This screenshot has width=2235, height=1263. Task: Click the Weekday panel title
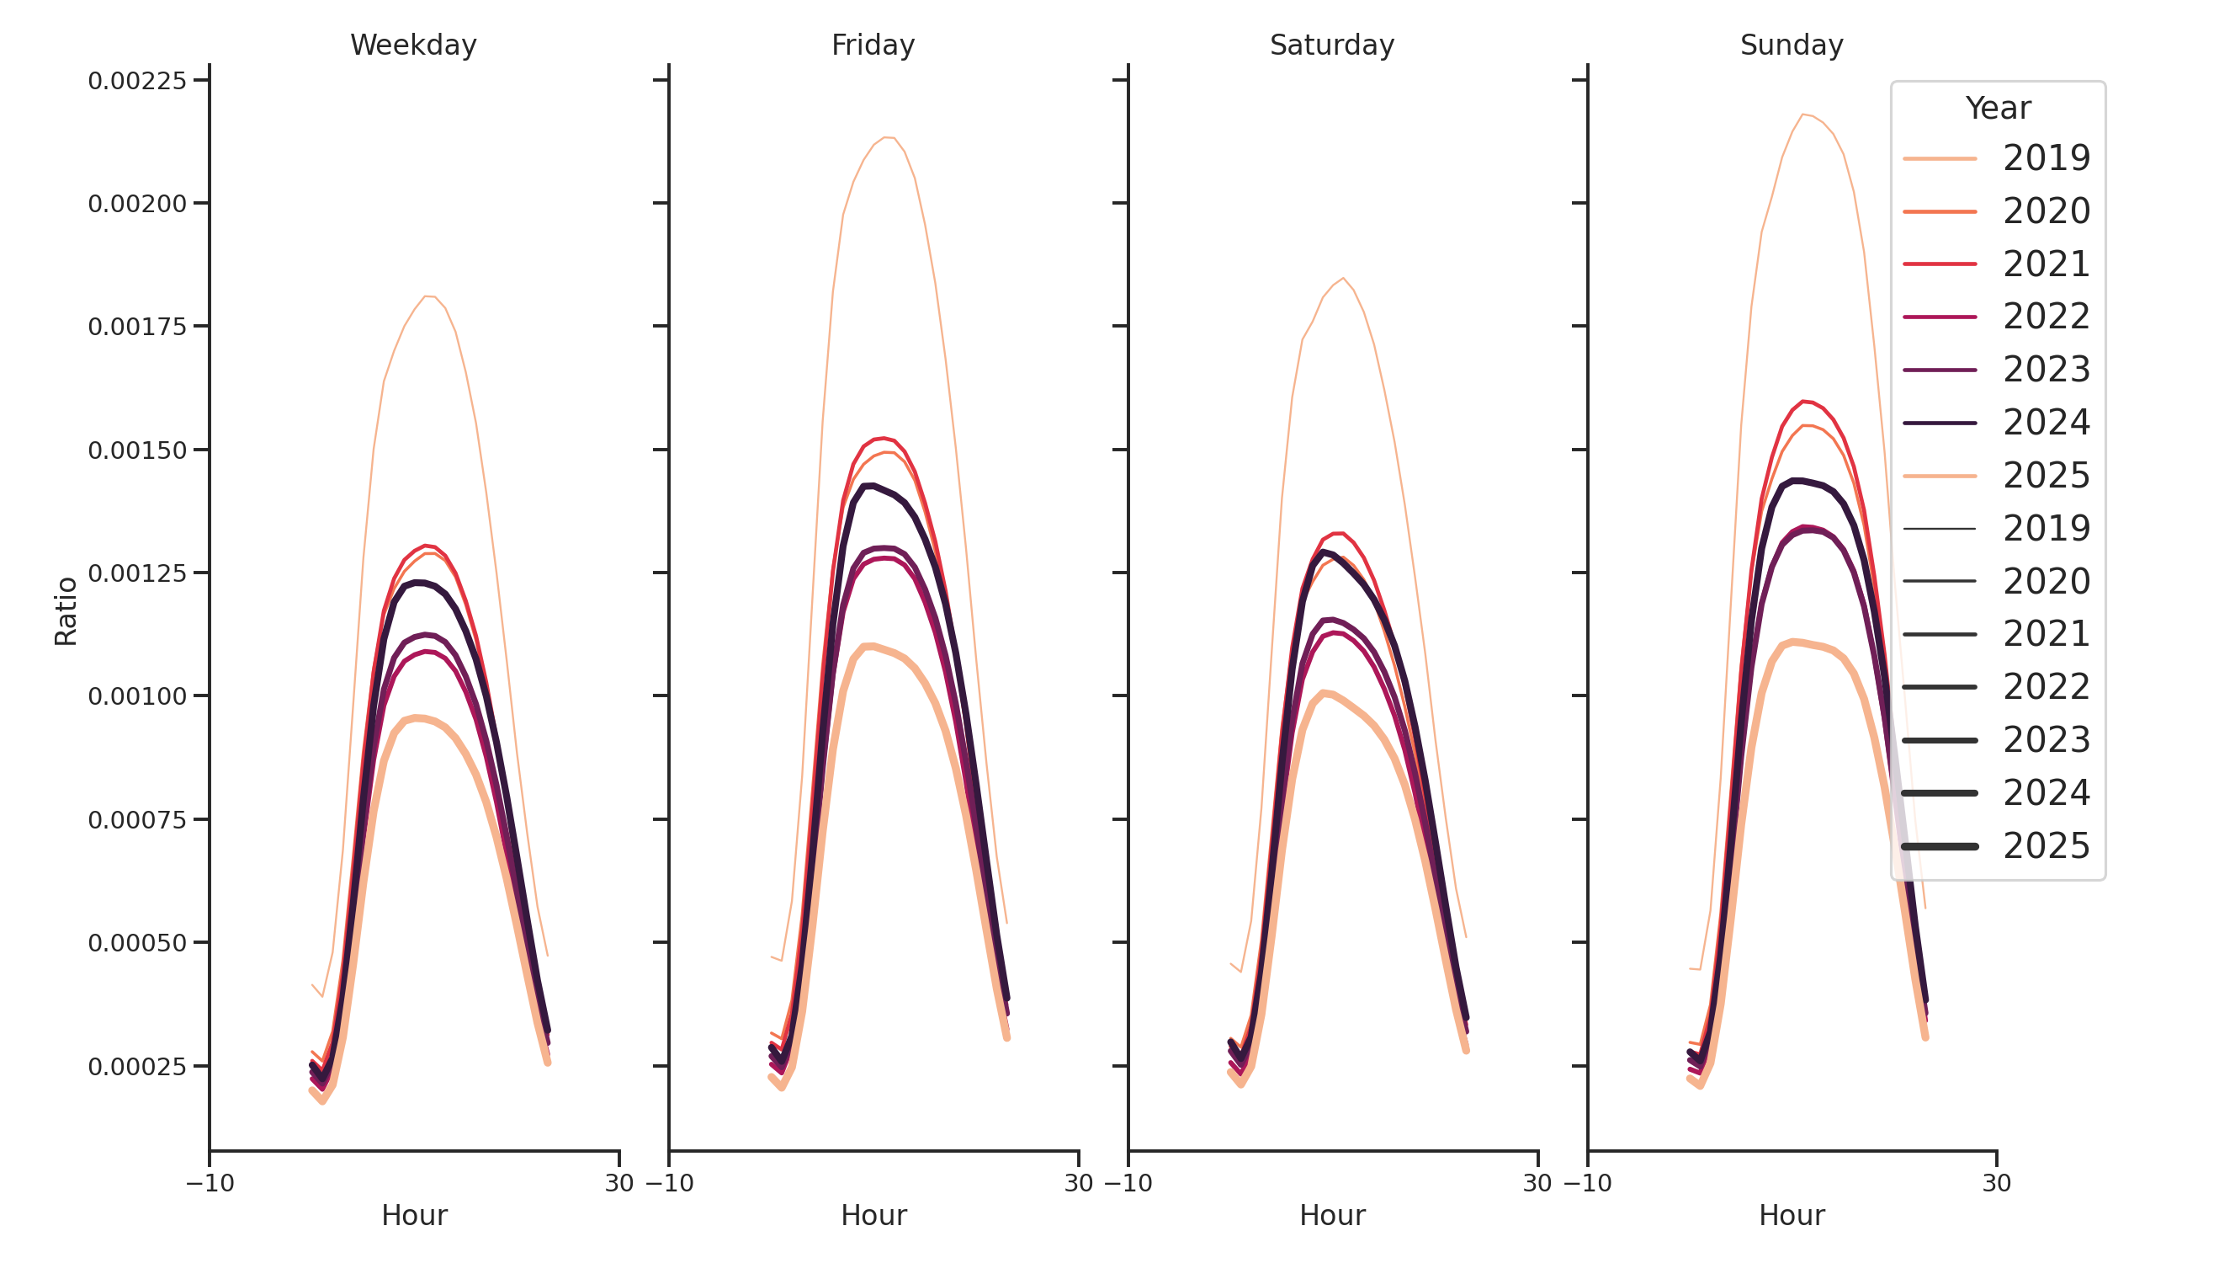point(413,45)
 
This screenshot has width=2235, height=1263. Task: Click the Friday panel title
point(873,45)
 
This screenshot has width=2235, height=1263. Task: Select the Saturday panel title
point(1332,45)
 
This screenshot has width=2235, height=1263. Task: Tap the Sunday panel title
point(1792,45)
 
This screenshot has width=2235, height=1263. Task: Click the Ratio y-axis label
point(66,611)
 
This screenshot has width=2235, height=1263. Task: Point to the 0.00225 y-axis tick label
point(137,81)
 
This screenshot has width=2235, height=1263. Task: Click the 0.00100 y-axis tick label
point(137,696)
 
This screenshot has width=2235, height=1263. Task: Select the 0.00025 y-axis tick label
point(137,1067)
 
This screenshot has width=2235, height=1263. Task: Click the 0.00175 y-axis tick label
point(137,328)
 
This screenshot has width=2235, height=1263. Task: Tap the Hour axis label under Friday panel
point(873,1215)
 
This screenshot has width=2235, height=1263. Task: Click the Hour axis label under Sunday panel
point(1792,1215)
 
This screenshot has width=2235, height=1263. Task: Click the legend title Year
point(1997,109)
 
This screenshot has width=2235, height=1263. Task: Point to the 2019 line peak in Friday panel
point(885,137)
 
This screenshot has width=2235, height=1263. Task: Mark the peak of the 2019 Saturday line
point(1343,278)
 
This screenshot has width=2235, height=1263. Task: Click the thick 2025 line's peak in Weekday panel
point(417,718)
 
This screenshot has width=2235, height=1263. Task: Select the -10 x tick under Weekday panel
point(210,1183)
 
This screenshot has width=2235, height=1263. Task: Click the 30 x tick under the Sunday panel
point(1996,1183)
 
